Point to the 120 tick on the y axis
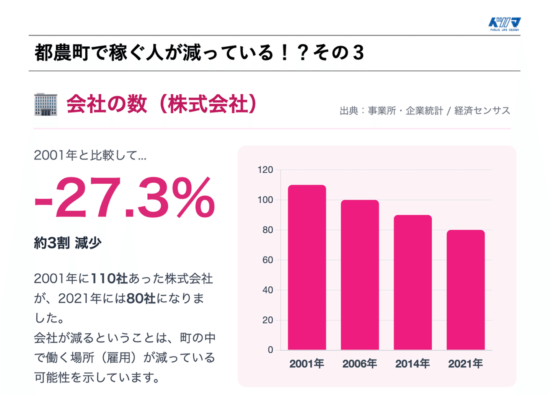(265, 170)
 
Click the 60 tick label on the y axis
(267, 260)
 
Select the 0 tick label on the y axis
(270, 350)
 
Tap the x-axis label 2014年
(412, 364)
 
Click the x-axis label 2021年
(465, 364)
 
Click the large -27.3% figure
(124, 198)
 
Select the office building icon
(46, 104)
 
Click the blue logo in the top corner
(504, 24)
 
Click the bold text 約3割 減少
(68, 243)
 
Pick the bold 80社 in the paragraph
(141, 299)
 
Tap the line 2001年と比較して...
(90, 155)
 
